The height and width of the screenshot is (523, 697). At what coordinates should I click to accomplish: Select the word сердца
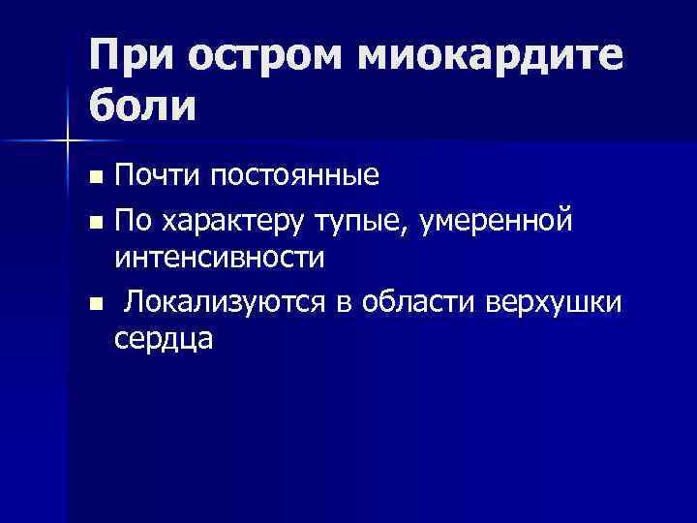(164, 340)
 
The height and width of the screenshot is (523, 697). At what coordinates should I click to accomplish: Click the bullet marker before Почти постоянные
(95, 178)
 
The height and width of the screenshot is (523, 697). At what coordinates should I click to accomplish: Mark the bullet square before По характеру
(95, 222)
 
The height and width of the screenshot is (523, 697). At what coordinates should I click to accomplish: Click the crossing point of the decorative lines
(67, 142)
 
